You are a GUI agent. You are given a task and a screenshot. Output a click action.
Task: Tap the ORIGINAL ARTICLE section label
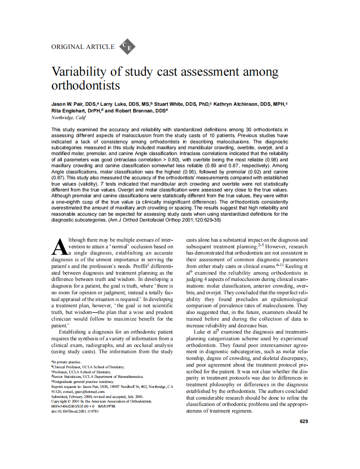(x=83, y=47)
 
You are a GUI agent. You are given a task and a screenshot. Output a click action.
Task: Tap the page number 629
(x=304, y=421)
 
